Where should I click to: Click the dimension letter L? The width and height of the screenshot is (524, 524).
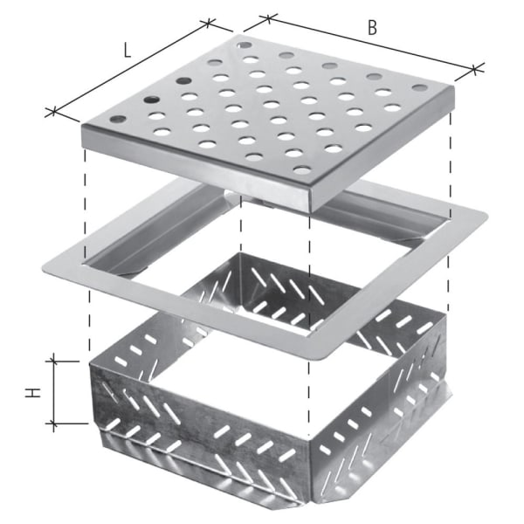[128, 49]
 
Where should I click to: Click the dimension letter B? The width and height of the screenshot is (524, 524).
[372, 27]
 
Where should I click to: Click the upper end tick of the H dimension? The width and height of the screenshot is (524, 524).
[55, 357]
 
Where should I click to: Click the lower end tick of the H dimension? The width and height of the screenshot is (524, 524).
[55, 425]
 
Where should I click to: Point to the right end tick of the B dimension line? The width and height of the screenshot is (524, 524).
[475, 68]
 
